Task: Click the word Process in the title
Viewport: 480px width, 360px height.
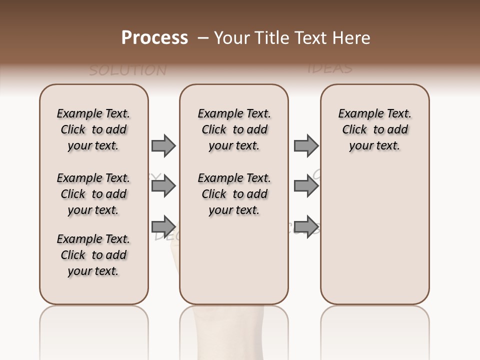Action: tap(154, 38)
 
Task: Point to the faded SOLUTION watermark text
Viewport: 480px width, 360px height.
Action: tap(127, 70)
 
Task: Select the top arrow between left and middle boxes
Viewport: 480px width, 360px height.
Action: tap(163, 145)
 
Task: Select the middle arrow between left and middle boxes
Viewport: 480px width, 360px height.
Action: tap(163, 186)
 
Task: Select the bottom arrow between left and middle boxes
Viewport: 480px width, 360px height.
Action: tap(163, 226)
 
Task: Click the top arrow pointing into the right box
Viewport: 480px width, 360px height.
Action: tap(306, 145)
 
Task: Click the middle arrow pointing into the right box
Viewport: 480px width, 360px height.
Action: tap(306, 186)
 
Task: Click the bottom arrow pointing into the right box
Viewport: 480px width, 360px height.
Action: tap(306, 226)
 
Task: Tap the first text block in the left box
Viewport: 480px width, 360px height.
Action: tap(93, 129)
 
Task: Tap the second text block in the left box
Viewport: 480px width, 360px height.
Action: tap(93, 194)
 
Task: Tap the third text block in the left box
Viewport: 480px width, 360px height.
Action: tap(93, 255)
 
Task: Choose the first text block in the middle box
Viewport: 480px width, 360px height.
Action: tap(234, 129)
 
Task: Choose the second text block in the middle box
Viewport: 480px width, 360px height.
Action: tap(234, 194)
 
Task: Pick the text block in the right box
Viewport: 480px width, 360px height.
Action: tap(374, 129)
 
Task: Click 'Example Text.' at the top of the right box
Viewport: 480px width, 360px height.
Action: tap(374, 113)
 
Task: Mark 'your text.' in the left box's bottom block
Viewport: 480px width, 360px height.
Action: tap(93, 271)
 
